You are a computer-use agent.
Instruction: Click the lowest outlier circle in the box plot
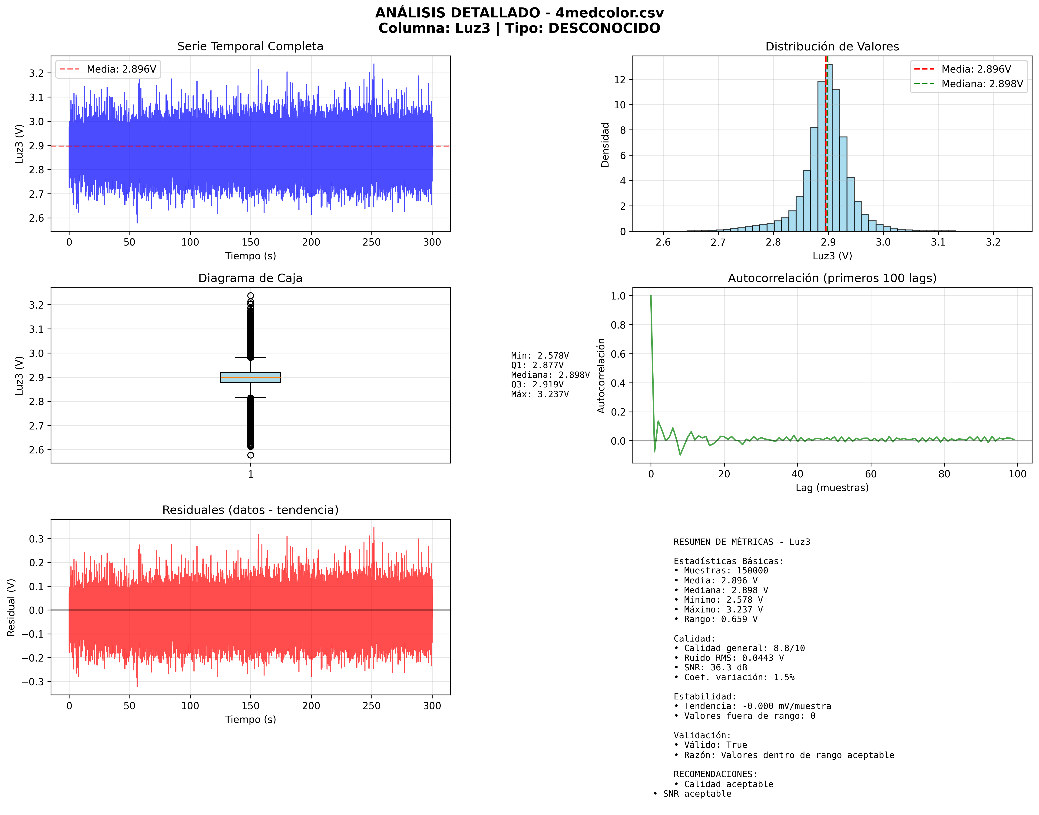click(250, 455)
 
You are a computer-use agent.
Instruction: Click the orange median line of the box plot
click(250, 377)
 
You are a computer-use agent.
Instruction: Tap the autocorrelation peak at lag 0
click(651, 296)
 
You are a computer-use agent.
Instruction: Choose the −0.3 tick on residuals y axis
click(33, 681)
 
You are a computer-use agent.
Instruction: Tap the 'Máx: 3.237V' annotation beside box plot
click(539, 394)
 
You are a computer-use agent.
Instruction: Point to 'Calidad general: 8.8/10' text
click(744, 648)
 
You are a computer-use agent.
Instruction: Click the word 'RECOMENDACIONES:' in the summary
click(715, 774)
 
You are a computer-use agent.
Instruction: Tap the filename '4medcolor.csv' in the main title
click(609, 13)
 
